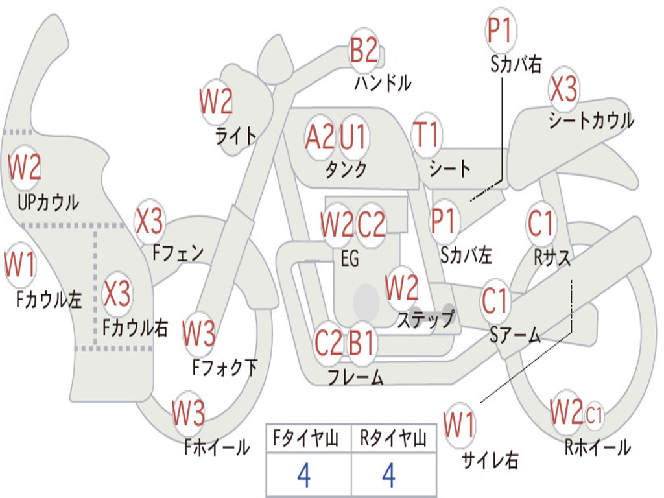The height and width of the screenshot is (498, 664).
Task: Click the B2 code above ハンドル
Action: click(x=364, y=50)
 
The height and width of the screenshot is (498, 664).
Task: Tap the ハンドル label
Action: click(x=383, y=83)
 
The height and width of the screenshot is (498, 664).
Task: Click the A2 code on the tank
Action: click(x=320, y=137)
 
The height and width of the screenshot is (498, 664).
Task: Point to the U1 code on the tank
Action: click(x=353, y=137)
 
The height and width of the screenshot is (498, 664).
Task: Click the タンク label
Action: click(x=346, y=169)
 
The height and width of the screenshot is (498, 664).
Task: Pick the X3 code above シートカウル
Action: click(x=563, y=89)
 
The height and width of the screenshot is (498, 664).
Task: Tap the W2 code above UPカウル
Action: click(x=25, y=167)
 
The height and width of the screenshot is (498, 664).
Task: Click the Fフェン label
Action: click(x=178, y=252)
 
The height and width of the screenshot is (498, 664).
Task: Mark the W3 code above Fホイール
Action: click(x=189, y=413)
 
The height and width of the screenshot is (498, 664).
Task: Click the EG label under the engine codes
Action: click(x=350, y=258)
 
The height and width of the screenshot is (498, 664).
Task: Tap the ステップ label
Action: click(x=425, y=320)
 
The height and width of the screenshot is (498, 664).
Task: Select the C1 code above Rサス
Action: click(x=541, y=224)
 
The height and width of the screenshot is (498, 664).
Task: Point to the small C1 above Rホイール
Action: click(x=594, y=414)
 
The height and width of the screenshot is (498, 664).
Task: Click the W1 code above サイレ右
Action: click(x=459, y=425)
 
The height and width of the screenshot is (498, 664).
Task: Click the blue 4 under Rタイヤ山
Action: click(x=389, y=476)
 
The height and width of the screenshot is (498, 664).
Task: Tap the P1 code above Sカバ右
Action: click(x=500, y=30)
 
